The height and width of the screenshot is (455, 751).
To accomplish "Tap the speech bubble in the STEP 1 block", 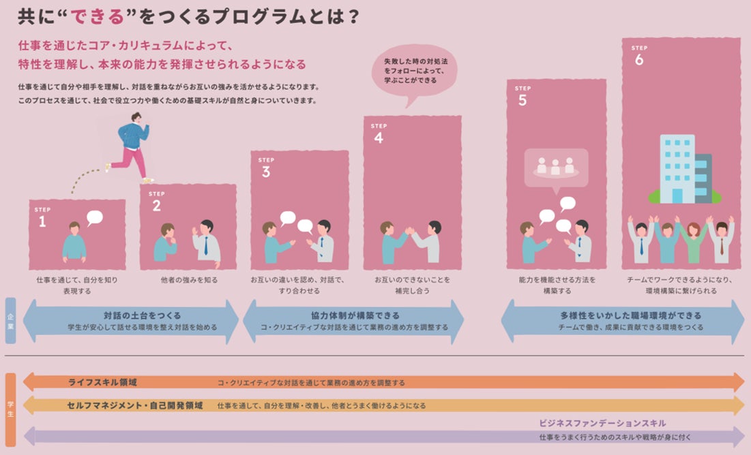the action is [94, 217].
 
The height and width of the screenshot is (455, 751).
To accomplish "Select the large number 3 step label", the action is [265, 172].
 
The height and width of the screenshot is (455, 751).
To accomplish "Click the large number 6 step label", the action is [638, 60].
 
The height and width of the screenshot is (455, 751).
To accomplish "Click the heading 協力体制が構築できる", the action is [355, 315].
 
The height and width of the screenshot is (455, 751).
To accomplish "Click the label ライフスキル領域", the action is [103, 383].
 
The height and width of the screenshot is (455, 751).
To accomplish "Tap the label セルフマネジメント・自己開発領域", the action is [135, 405].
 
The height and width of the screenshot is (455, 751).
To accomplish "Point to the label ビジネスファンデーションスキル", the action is [602, 424].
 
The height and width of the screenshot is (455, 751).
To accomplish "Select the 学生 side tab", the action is [10, 409].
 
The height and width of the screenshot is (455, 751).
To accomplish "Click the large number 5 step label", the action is [522, 100].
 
